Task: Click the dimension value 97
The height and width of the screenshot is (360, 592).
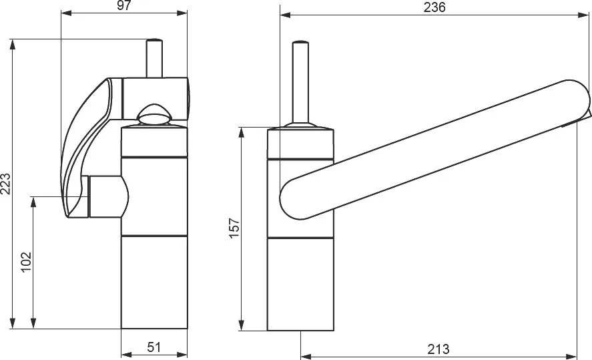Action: tap(123, 5)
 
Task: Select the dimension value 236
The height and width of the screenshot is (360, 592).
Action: tap(434, 7)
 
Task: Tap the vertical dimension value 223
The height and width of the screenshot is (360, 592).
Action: tap(5, 184)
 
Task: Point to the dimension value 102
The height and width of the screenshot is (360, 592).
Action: tap(25, 262)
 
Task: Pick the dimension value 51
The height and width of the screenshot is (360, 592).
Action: tap(154, 347)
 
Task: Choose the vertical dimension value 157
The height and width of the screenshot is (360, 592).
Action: tap(234, 227)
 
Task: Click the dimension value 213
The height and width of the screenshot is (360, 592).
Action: tap(438, 349)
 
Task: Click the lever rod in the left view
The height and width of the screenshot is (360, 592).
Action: tap(154, 58)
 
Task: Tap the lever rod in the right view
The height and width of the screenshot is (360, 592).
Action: tap(300, 82)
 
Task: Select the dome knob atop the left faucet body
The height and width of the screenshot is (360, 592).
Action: tap(154, 114)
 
